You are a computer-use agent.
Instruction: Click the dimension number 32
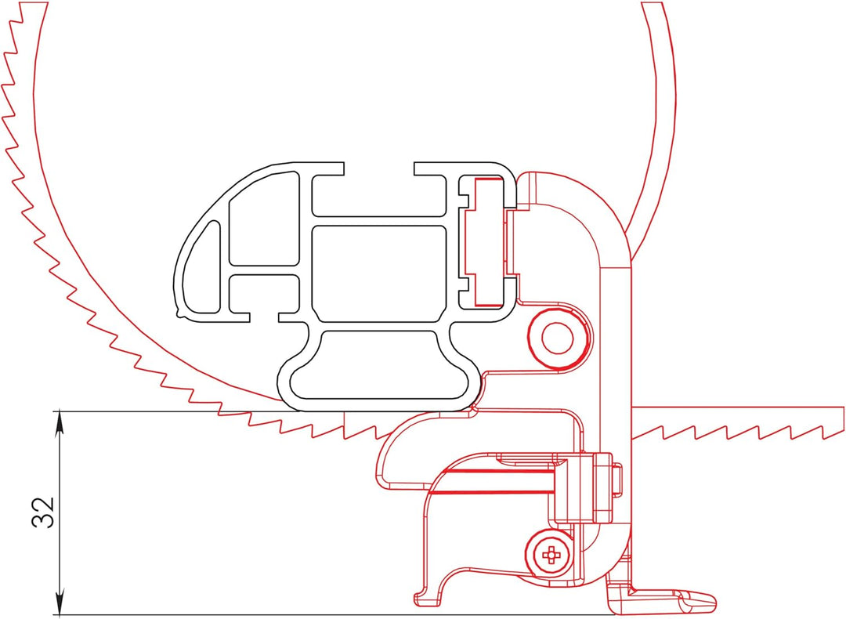point(45,512)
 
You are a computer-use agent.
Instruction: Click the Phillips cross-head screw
point(551,555)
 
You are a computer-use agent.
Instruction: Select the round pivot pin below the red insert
point(557,337)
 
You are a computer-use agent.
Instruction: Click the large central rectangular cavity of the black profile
point(380,273)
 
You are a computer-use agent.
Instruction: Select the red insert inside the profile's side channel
point(486,240)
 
